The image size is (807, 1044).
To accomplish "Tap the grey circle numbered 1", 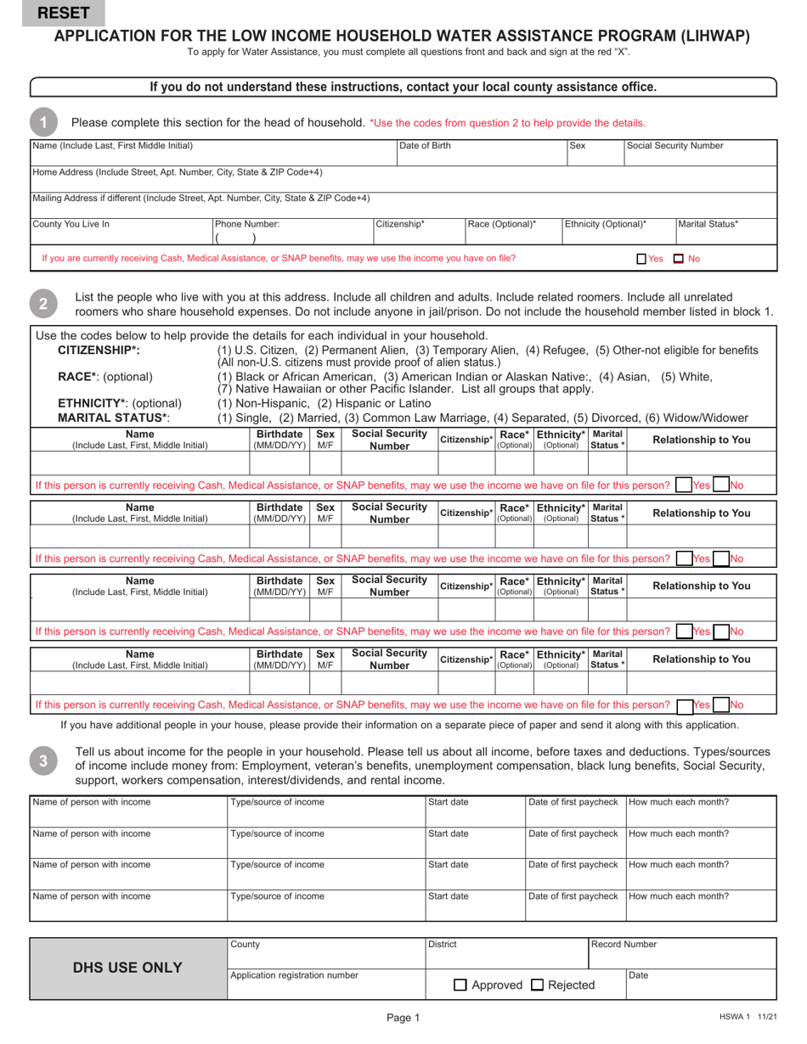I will coord(43,122).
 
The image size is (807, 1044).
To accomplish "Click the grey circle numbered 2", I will coord(43,303).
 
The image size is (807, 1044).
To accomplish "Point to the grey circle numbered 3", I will coord(43,761).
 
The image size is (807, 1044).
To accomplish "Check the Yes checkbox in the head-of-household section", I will coord(642,259).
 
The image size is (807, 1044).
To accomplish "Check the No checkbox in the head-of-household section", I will coord(679,259).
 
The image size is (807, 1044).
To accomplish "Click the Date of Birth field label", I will coord(425,146).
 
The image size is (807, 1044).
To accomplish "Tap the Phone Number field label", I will coord(247,225).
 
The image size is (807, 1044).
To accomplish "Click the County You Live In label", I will coord(71,225).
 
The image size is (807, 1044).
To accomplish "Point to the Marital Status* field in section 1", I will coord(708,225).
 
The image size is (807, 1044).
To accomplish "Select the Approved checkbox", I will coord(460,985).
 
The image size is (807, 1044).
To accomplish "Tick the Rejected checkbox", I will coord(537,985).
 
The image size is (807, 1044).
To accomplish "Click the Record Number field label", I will coord(624,945).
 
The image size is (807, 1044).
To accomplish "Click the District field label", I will coord(443,945).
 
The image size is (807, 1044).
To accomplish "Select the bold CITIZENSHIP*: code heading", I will coord(99,351).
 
